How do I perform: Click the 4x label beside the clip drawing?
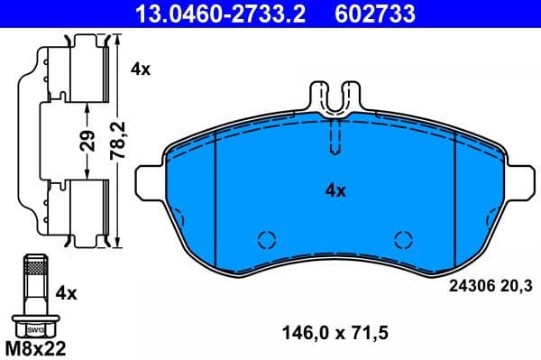click(141, 69)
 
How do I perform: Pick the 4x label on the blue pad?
click(335, 190)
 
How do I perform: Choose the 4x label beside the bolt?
click(67, 292)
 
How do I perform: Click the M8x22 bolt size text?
click(37, 347)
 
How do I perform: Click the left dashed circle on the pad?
click(266, 239)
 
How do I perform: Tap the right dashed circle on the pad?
click(403, 239)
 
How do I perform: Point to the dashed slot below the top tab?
click(334, 138)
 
